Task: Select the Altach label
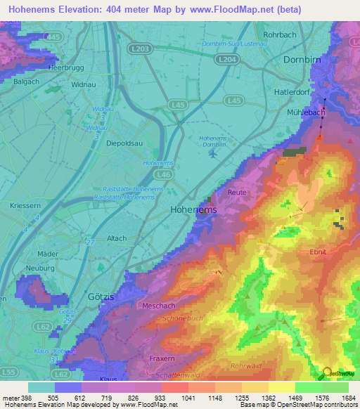coord(116,239)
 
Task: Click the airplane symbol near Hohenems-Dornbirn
coord(212,154)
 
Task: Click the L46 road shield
coord(165,173)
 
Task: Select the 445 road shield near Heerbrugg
coord(51,36)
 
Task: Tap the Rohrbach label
coord(298,34)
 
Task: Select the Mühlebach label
coord(305,112)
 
